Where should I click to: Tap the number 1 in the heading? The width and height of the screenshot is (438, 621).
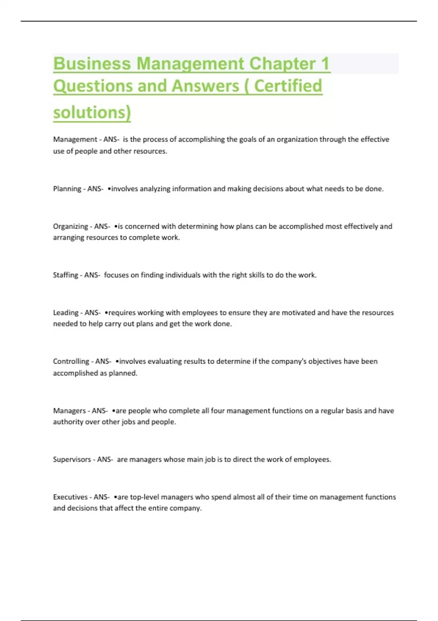[x=325, y=64]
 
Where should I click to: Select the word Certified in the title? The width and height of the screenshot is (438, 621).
[x=288, y=86]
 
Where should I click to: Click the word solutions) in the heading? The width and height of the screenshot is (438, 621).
[x=92, y=112]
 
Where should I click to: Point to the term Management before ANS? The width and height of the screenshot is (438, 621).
[x=75, y=139]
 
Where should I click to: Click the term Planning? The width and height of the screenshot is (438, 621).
[x=67, y=189]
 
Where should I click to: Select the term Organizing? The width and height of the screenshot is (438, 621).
[x=70, y=226]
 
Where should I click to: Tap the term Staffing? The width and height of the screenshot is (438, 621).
[x=65, y=275]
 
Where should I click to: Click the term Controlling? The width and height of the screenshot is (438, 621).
[x=71, y=361]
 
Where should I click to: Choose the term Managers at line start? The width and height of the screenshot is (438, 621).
[x=69, y=411]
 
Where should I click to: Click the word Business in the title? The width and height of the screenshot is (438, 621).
[x=92, y=64]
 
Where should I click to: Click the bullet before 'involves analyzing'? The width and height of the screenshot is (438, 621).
[x=109, y=189]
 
